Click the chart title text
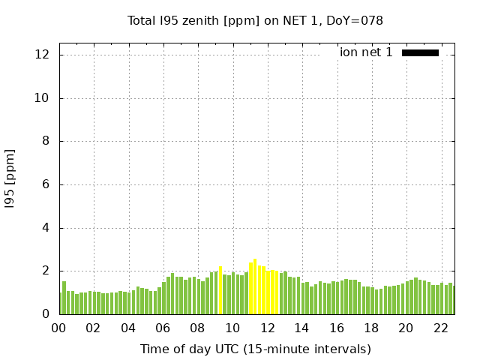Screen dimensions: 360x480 [255, 21]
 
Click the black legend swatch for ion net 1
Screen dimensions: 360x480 [420, 52]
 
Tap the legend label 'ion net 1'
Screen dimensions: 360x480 [366, 52]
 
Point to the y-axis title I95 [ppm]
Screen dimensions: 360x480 [10, 178]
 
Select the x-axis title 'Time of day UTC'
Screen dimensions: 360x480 [255, 349]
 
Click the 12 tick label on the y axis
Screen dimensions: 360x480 [43, 55]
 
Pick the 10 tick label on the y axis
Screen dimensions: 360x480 [43, 98]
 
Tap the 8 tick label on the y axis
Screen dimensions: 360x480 [46, 141]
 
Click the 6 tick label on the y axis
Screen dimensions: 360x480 [46, 184]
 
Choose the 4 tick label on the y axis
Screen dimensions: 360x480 [46, 228]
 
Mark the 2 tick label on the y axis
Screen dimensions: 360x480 [46, 271]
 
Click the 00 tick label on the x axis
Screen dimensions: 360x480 [59, 328]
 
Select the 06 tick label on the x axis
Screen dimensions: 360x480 [163, 328]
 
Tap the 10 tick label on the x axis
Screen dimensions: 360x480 [232, 328]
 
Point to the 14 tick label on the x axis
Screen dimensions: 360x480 [302, 328]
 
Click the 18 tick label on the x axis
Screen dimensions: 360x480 [371, 328]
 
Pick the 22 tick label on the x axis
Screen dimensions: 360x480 [441, 328]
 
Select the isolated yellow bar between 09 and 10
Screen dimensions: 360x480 [220, 291]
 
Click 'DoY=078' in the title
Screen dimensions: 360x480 [358, 21]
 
